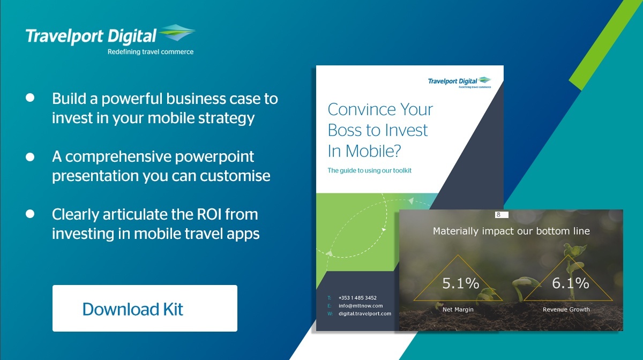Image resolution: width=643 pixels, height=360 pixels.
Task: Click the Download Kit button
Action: coord(145,309)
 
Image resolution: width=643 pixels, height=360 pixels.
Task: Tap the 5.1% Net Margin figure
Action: coord(461,283)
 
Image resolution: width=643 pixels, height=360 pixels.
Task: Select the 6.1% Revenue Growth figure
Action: coord(571,283)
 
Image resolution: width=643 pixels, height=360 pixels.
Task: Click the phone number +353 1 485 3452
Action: coord(357,298)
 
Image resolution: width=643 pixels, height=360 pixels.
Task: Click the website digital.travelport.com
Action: coord(365,314)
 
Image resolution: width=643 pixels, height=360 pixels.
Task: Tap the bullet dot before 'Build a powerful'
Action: coord(30,97)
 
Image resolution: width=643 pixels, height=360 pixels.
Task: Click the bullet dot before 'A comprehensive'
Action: coord(30,157)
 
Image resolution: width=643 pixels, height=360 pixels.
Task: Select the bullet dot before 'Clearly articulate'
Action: coord(30,214)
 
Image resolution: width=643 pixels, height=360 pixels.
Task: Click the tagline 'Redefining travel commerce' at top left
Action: coord(151,52)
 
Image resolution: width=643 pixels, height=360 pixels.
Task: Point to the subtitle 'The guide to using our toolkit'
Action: coord(369,170)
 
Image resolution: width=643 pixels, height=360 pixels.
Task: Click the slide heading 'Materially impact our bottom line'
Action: coord(511,231)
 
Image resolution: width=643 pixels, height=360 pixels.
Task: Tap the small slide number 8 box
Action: coord(502,215)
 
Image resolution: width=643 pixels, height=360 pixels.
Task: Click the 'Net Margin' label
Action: coord(458,310)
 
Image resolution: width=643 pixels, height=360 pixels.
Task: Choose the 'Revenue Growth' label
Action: coord(566,310)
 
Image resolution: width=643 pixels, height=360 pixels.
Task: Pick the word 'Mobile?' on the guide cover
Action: coord(373,151)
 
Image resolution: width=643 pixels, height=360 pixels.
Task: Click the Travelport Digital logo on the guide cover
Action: coord(459,82)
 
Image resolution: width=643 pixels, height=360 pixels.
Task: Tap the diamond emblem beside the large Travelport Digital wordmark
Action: coord(177,33)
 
